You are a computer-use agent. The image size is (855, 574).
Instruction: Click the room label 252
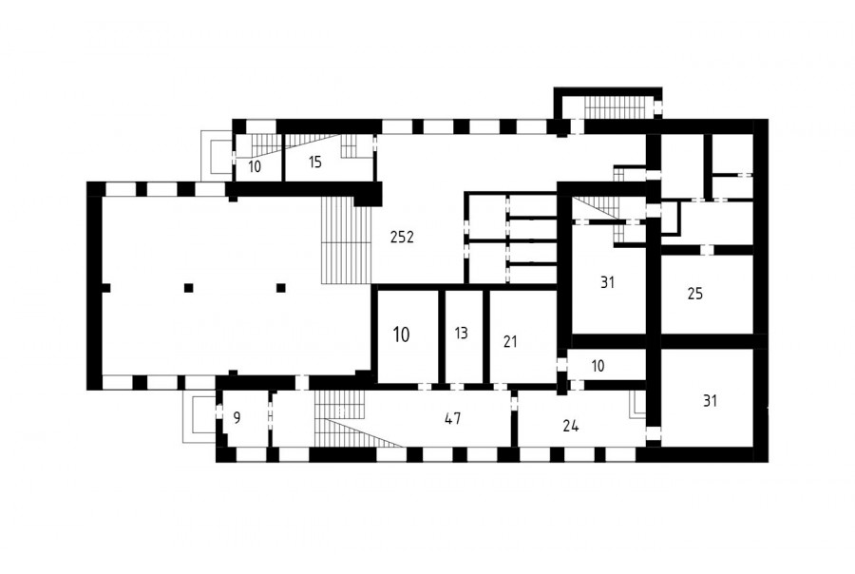(402, 237)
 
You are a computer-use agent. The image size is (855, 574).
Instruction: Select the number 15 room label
(315, 163)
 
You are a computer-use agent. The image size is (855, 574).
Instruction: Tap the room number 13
(461, 333)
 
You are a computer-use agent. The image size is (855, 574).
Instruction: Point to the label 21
(510, 342)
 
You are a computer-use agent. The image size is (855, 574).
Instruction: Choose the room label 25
(695, 294)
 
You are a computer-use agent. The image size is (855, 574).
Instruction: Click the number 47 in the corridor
(452, 418)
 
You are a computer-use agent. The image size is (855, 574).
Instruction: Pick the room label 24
(570, 426)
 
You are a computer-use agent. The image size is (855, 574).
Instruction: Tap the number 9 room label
(237, 418)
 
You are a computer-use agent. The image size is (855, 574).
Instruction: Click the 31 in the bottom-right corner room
(710, 401)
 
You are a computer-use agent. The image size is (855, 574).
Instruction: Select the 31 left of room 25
(607, 282)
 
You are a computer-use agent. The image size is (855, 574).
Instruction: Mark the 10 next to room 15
(255, 167)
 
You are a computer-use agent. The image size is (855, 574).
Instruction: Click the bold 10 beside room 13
(401, 335)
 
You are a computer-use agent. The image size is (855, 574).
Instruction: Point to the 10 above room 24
(598, 366)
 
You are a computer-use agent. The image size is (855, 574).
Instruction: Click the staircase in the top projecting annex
(618, 107)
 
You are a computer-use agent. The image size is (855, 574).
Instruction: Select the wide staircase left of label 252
(345, 240)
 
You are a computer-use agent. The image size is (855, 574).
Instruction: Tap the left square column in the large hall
(189, 288)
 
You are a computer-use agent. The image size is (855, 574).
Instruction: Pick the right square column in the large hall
(281, 288)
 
